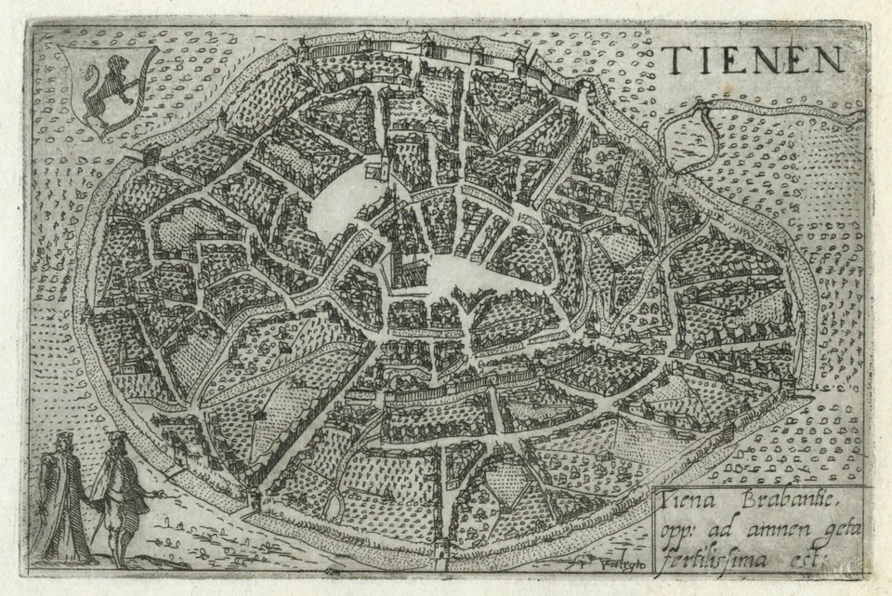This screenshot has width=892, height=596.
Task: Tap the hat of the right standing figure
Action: [x=114, y=436]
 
